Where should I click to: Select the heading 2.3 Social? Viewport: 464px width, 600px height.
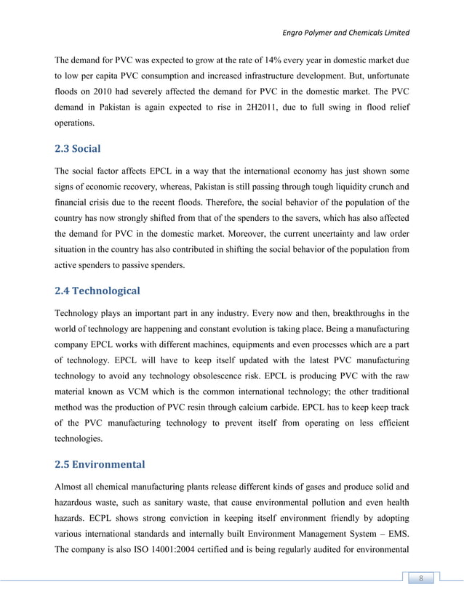coord(79,148)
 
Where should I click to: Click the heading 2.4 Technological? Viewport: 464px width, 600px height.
coord(97,291)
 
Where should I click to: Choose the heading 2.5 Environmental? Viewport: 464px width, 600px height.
coord(100,463)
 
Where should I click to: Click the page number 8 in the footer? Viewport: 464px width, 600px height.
coord(420,578)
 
